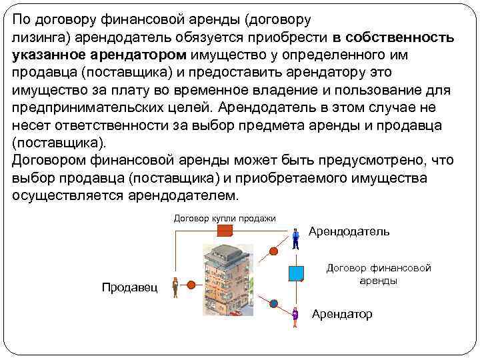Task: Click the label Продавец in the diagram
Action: [x=129, y=287]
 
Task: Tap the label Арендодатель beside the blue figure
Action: [x=349, y=231]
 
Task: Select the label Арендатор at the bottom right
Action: [x=342, y=313]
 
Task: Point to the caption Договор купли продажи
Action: [x=225, y=218]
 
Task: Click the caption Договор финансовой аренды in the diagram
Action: [x=379, y=274]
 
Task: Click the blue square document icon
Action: [x=296, y=273]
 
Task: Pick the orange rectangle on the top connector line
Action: [x=225, y=231]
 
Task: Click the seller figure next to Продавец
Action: [x=175, y=287]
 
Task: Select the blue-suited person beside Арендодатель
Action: [x=295, y=238]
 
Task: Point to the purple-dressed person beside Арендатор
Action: [x=295, y=316]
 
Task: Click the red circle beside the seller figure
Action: [x=191, y=285]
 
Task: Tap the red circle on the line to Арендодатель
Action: [x=273, y=251]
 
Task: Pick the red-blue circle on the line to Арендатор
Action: [x=273, y=304]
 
